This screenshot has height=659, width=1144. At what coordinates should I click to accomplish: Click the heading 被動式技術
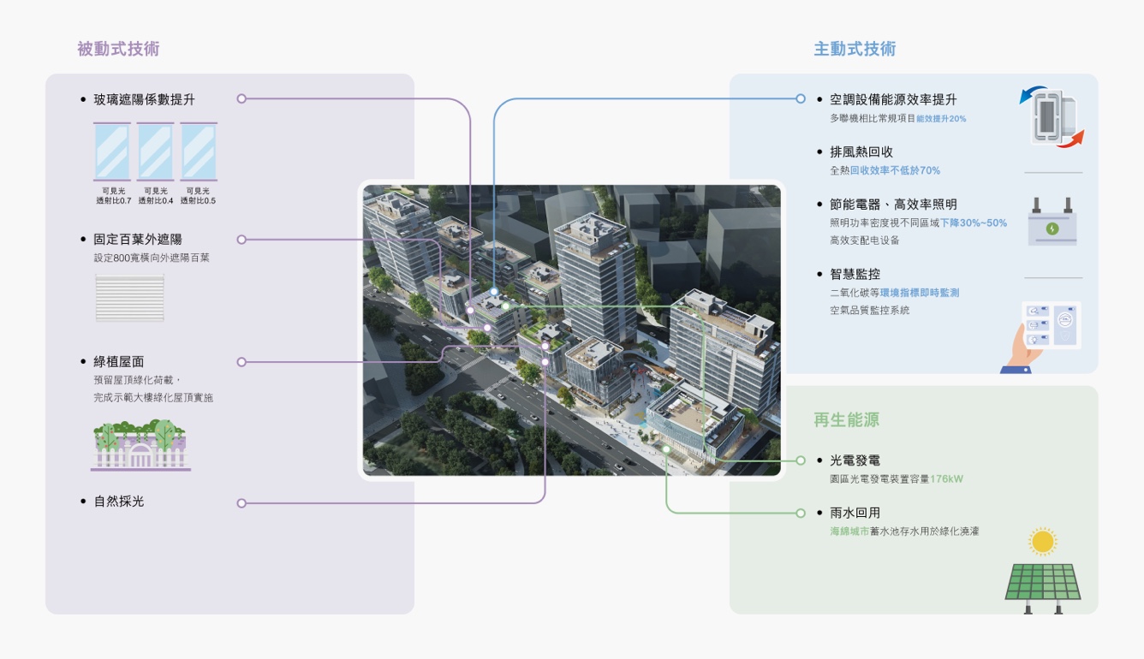pyautogui.click(x=118, y=49)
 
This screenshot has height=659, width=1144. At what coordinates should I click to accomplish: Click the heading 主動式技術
pyautogui.click(x=855, y=49)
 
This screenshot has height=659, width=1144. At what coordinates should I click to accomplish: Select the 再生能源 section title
pyautogui.click(x=846, y=420)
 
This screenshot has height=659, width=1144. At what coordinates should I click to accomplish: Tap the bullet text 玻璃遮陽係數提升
pyautogui.click(x=144, y=99)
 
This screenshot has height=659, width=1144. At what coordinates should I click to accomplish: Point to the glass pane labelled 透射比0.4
pyautogui.click(x=156, y=151)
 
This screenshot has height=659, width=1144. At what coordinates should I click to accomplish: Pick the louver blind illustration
pyautogui.click(x=129, y=298)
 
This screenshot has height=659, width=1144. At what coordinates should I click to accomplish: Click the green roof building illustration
pyautogui.click(x=140, y=445)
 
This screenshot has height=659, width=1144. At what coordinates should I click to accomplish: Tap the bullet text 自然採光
pyautogui.click(x=119, y=502)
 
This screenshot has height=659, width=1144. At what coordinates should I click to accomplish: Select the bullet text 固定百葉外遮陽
pyautogui.click(x=137, y=240)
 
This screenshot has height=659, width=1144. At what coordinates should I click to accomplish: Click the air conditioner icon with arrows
pyautogui.click(x=1052, y=116)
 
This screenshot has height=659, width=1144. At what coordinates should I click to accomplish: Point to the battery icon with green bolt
pyautogui.click(x=1052, y=224)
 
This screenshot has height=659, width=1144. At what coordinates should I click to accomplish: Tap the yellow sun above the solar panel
pyautogui.click(x=1042, y=542)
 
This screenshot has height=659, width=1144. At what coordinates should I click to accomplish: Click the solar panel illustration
pyautogui.click(x=1042, y=585)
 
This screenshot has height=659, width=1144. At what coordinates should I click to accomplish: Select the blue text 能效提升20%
pyautogui.click(x=941, y=119)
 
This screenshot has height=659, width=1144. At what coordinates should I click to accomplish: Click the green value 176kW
pyautogui.click(x=946, y=479)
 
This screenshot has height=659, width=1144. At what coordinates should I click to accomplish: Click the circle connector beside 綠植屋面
pyautogui.click(x=241, y=362)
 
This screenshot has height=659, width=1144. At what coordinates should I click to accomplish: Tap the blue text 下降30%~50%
pyautogui.click(x=974, y=223)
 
